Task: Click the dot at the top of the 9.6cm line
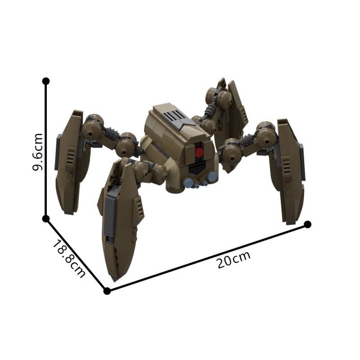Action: (x=45, y=81)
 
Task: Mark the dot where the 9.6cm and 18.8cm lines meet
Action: (x=45, y=219)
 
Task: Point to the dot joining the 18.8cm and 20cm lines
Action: (x=107, y=291)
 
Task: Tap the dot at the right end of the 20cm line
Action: (x=308, y=224)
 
